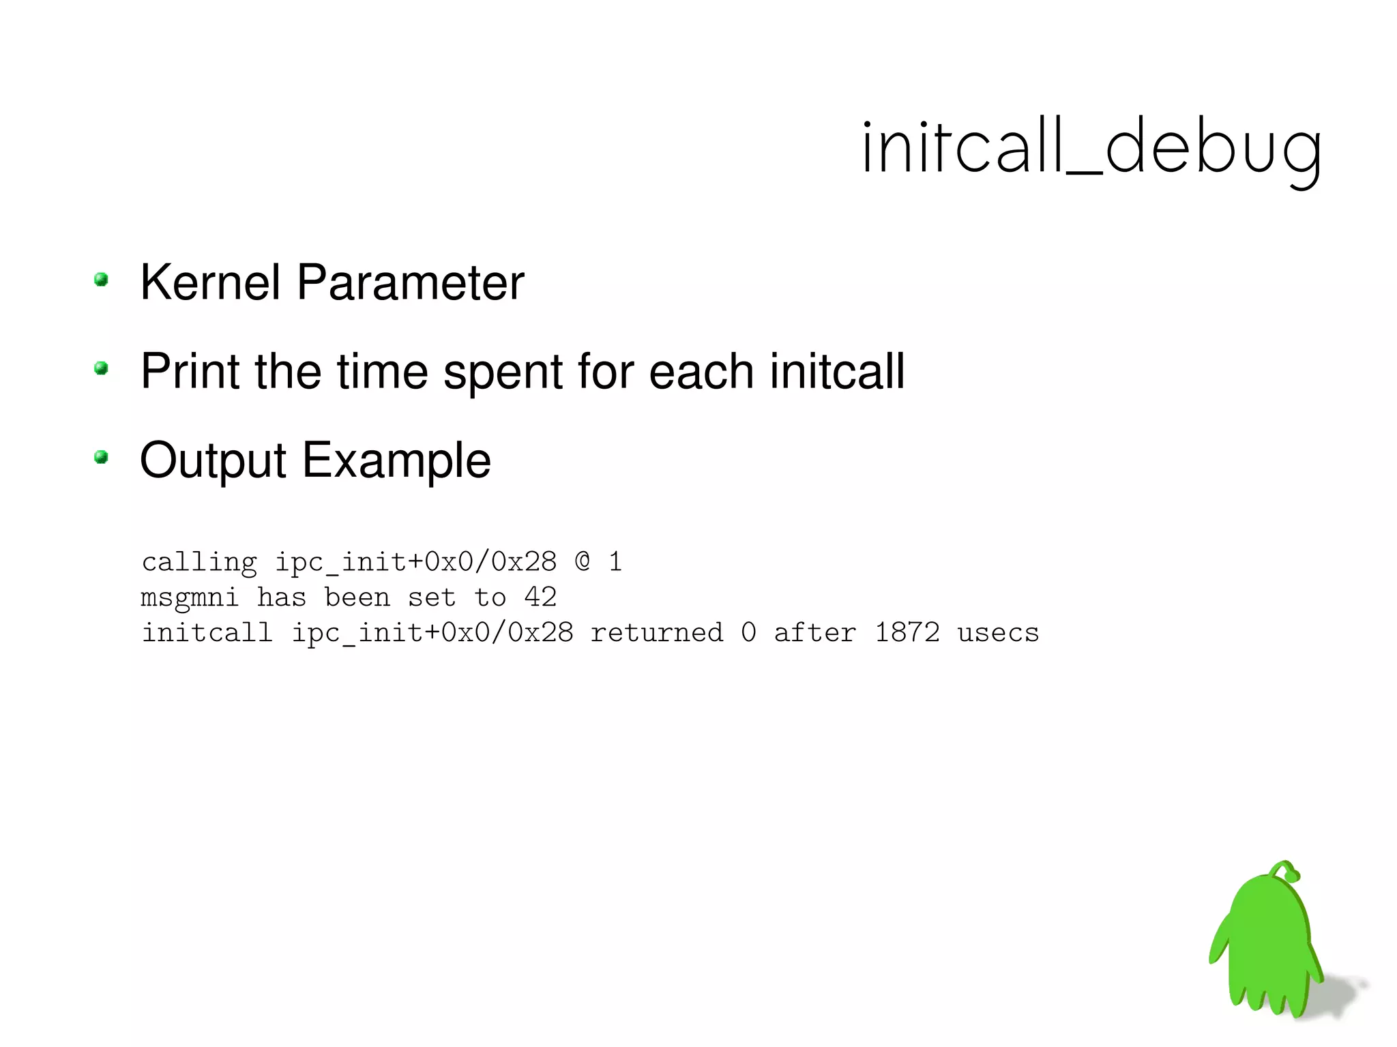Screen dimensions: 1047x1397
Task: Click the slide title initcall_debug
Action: coord(1091,147)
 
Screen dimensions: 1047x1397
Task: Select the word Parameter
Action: coord(411,282)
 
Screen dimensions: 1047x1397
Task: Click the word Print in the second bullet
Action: coord(190,371)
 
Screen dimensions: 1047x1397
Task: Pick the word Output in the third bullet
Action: coord(213,461)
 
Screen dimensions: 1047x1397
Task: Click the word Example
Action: coord(396,461)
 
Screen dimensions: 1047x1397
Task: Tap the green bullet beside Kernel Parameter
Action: coord(102,279)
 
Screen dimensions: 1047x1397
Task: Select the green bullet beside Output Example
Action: coord(102,456)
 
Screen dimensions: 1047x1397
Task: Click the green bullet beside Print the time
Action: coord(102,368)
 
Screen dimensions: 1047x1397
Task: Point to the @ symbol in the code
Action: coord(583,561)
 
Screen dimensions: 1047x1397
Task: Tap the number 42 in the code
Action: coord(540,598)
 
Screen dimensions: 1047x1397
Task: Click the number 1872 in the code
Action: coord(907,632)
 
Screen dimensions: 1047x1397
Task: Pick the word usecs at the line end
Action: coord(998,633)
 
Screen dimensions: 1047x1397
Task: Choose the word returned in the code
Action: coord(656,633)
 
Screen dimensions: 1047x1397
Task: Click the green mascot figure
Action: coord(1265,948)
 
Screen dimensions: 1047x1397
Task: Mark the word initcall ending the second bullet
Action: coord(838,371)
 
